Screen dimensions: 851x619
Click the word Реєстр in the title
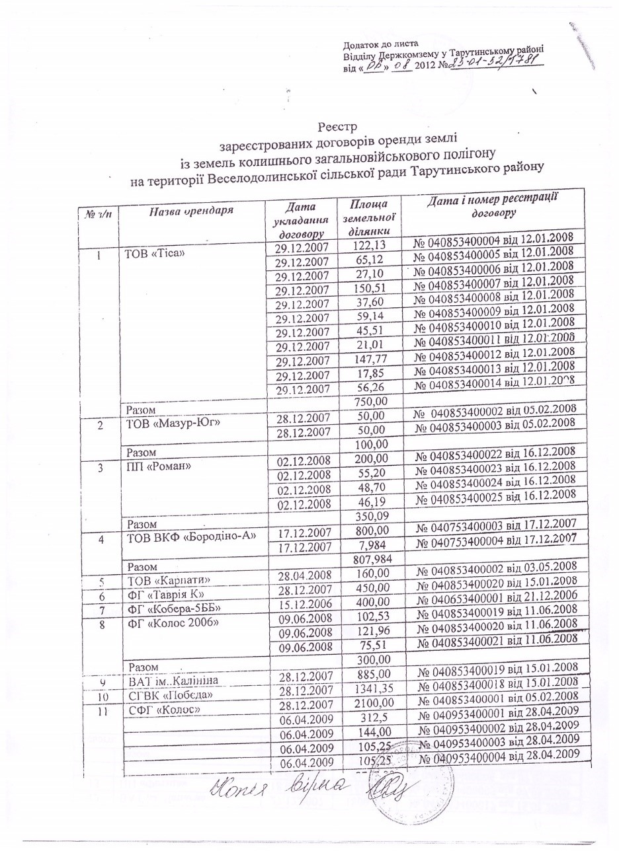pyautogui.click(x=337, y=124)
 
